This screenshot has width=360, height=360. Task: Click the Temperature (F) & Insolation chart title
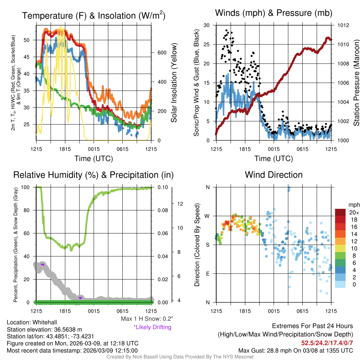(x=94, y=16)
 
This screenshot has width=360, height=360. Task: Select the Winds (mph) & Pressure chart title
(x=274, y=13)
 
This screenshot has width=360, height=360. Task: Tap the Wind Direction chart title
(x=274, y=175)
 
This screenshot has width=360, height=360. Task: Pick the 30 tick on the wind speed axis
(x=207, y=25)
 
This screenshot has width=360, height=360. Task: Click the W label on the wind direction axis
(x=207, y=216)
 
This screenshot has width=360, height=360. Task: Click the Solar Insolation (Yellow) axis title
(x=174, y=83)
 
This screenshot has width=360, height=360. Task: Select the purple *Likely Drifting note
(x=152, y=327)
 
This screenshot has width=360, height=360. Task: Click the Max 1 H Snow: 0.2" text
(x=147, y=319)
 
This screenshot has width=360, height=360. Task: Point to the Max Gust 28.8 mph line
(x=295, y=350)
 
